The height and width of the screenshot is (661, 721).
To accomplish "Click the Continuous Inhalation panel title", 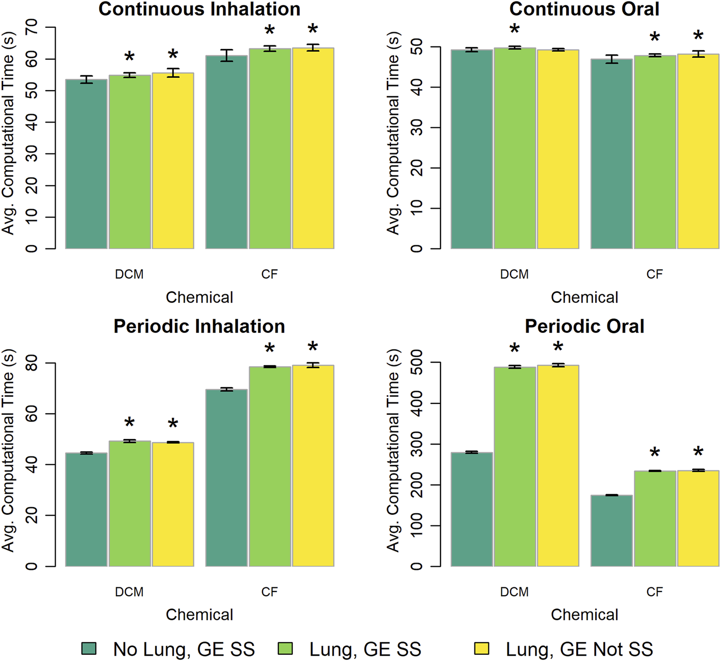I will click(199, 9).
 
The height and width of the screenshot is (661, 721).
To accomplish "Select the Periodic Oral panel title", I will click(584, 326).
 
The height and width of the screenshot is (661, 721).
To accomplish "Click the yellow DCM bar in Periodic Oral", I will click(558, 466).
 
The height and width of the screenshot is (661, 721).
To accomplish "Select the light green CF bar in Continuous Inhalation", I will click(270, 149).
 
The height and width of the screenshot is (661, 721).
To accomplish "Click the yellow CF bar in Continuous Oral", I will click(698, 151).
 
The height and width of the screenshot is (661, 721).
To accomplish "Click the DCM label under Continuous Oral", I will click(514, 274).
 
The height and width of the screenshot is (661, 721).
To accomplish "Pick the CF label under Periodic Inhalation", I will click(269, 591).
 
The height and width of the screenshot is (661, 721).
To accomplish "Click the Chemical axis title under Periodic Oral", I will click(584, 615).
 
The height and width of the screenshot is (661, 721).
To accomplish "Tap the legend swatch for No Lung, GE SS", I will click(89, 649).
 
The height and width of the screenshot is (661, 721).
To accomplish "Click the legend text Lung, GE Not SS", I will click(579, 649).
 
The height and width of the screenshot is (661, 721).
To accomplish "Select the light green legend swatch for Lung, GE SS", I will click(285, 649).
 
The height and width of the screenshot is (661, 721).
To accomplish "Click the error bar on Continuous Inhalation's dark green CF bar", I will click(226, 56).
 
